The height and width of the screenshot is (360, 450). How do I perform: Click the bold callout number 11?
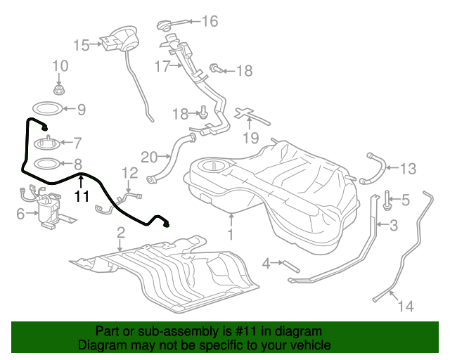tap(82, 196)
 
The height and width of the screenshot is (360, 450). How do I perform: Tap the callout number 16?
tap(210, 21)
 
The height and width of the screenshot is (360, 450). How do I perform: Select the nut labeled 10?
tap(59, 90)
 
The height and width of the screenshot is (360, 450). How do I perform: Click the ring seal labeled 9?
tap(47, 109)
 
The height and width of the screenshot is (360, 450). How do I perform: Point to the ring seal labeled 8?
tap(47, 164)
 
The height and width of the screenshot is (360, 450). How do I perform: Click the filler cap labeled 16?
tap(164, 25)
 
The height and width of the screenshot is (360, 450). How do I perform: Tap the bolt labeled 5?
tap(387, 200)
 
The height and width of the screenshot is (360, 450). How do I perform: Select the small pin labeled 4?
tap(292, 266)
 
